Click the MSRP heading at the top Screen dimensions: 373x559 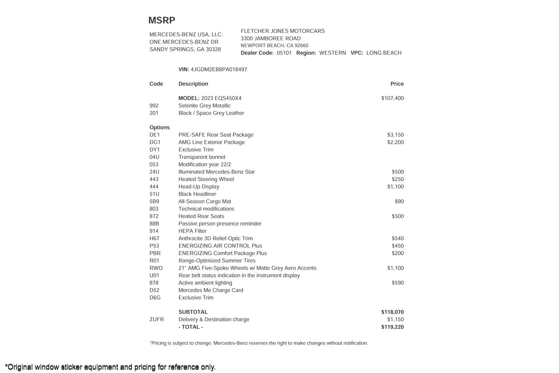tap(162, 20)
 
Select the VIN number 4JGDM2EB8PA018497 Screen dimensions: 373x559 tap(219, 70)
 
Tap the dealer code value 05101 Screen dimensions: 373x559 tap(284, 53)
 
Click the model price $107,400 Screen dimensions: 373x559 tap(392, 98)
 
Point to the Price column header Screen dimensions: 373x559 tap(397, 84)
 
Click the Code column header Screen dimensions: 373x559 tap(156, 84)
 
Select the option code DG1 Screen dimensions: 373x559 tap(155, 142)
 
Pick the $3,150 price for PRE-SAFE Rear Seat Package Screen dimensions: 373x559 tap(395, 135)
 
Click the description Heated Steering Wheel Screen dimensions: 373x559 tap(206, 179)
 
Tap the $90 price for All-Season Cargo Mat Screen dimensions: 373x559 tap(399, 201)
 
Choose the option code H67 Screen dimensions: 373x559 tap(154, 238)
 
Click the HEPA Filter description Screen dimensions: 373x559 tap(193, 231)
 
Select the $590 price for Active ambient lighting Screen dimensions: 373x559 tap(398, 283)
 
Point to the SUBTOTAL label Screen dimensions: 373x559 tap(193, 312)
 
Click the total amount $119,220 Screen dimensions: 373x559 tap(392, 327)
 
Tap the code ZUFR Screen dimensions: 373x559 tap(157, 320)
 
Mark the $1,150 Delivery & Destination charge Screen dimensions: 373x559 tap(395, 320)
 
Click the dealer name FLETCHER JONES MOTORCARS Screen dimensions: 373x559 tap(283, 31)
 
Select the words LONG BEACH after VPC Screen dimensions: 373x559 tap(384, 53)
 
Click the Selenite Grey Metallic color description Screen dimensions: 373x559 tap(204, 106)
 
